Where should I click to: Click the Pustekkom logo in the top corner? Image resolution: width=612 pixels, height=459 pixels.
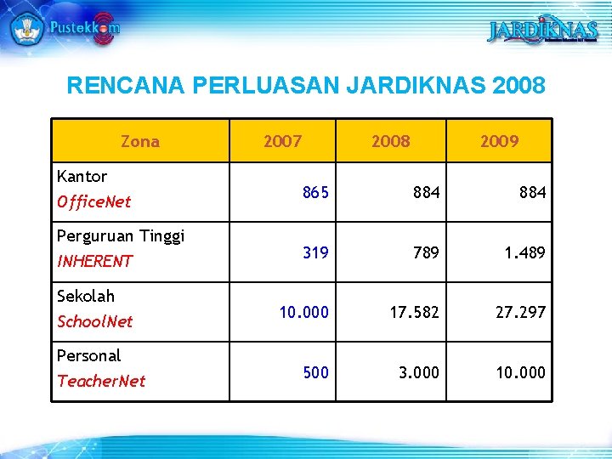(x=64, y=27)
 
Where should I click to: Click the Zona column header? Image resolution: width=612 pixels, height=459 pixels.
(x=140, y=141)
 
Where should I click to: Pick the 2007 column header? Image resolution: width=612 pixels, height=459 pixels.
(x=282, y=141)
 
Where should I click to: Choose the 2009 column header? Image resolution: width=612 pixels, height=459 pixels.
(x=499, y=141)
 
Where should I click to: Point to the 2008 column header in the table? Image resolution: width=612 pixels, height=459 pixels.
(x=390, y=141)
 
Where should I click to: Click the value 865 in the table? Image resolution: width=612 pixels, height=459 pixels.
(x=315, y=193)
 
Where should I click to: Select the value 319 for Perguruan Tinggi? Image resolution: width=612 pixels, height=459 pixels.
(x=315, y=252)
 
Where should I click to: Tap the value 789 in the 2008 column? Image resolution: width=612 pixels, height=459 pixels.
(x=426, y=252)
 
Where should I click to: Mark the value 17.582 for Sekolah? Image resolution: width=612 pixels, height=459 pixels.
(x=415, y=312)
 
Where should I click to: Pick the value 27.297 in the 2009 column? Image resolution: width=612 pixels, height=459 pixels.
(x=522, y=312)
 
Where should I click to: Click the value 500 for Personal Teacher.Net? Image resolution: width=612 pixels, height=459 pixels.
(x=315, y=372)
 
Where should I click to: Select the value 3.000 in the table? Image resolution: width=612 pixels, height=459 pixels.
(x=420, y=372)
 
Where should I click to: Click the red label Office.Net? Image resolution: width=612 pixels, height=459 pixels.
(x=93, y=202)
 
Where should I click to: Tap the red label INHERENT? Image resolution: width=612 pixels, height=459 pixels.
(x=94, y=262)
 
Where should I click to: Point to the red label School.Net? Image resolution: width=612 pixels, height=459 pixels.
(x=94, y=321)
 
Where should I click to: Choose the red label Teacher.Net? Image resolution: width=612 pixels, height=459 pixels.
(x=101, y=381)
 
